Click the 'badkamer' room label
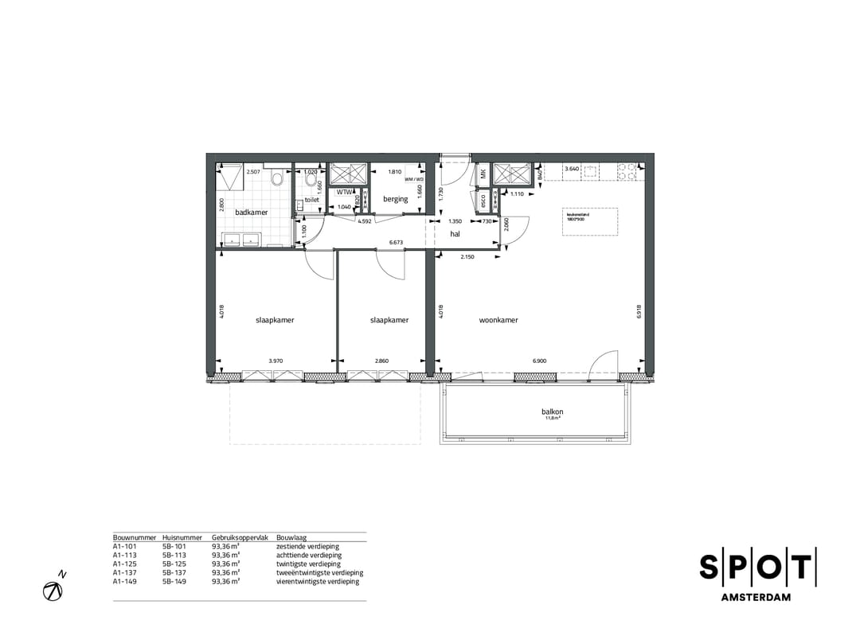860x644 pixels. [x=251, y=213]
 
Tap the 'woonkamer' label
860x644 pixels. [x=498, y=320]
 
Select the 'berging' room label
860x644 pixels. [x=395, y=199]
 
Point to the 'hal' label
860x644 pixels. [x=455, y=234]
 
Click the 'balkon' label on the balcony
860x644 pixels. [x=553, y=412]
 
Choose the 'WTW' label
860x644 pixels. [x=345, y=193]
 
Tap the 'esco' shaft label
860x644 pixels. [x=483, y=201]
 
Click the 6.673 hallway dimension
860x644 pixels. [x=396, y=242]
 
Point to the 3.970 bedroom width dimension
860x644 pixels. [x=276, y=361]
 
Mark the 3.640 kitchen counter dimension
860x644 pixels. [x=571, y=169]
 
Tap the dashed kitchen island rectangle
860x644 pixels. [x=590, y=222]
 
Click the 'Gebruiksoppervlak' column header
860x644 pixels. [x=236, y=538]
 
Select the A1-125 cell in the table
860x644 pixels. [x=126, y=564]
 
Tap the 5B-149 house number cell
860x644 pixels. [x=174, y=581]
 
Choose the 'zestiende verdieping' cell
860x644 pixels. [x=307, y=547]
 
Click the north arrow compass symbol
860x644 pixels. [x=54, y=590]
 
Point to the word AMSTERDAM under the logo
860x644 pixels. [x=756, y=597]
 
